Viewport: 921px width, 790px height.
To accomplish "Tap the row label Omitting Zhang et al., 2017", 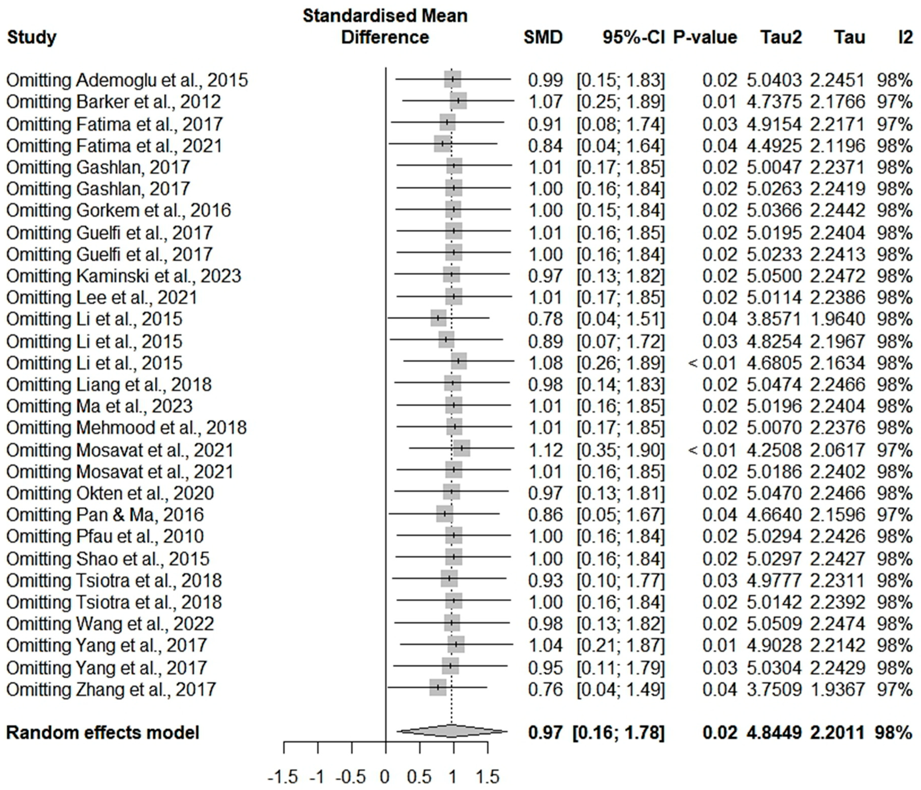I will (x=111, y=689).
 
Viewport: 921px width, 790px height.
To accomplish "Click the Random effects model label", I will (x=103, y=733).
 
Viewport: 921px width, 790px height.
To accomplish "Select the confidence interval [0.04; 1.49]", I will (x=620, y=689).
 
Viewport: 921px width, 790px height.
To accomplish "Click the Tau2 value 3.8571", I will (x=774, y=319).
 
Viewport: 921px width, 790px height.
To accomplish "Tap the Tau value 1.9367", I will (x=837, y=689).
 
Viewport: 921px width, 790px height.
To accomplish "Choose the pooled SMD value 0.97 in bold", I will (x=545, y=733).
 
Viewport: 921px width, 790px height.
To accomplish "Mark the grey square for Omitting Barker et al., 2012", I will (x=458, y=101).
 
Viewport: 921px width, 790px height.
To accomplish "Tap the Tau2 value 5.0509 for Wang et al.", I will (x=774, y=624).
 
